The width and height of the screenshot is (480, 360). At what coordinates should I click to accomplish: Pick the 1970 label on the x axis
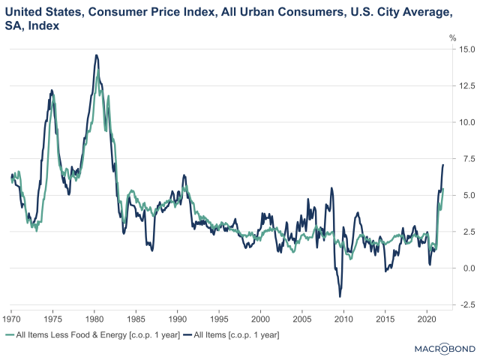(x=11, y=318)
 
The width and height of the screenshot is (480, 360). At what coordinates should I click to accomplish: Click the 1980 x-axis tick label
(x=94, y=318)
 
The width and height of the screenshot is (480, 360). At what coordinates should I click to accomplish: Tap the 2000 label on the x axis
(x=260, y=318)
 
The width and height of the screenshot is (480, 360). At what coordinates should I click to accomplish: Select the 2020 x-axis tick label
(x=426, y=318)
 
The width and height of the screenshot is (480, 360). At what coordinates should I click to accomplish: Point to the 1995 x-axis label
(x=219, y=318)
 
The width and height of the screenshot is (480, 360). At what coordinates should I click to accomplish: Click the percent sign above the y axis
(x=452, y=37)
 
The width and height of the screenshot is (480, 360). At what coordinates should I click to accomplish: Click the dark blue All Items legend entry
(x=235, y=334)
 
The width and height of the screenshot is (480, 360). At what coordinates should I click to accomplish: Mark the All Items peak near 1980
(x=97, y=55)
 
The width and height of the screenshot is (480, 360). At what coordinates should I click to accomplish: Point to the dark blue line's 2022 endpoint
(x=443, y=164)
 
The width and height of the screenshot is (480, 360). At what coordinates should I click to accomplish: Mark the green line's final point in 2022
(x=443, y=189)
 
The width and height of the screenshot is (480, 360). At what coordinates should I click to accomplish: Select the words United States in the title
(x=42, y=13)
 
